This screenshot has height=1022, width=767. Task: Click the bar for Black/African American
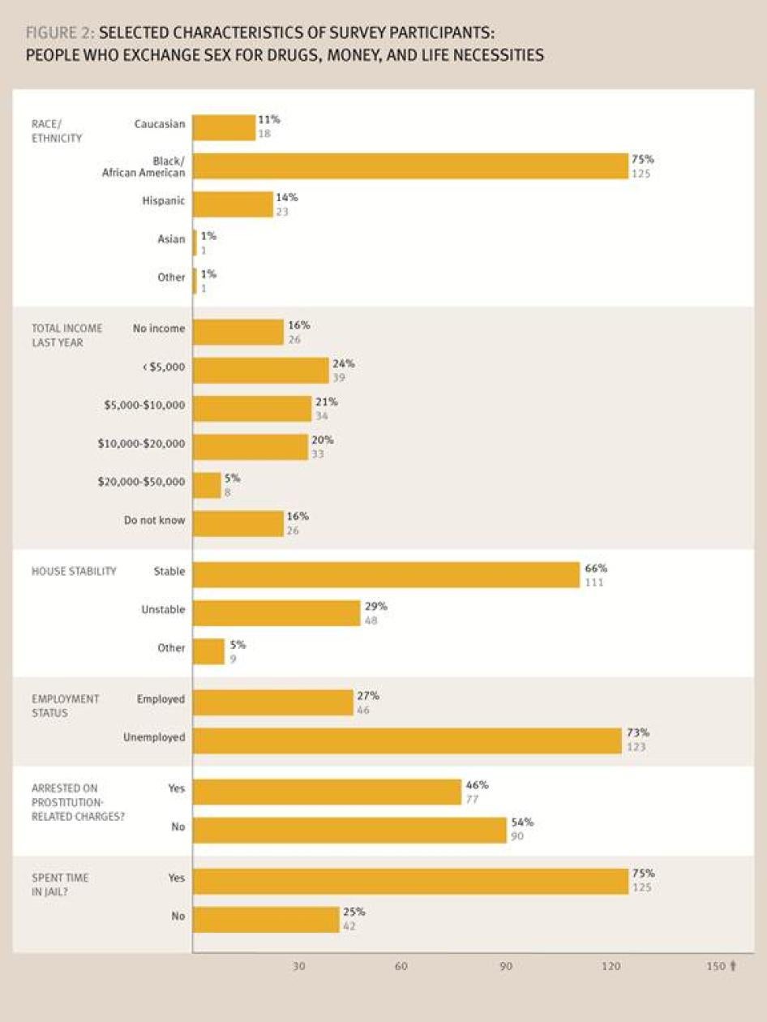pos(410,166)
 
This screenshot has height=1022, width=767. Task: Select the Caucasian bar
pos(224,127)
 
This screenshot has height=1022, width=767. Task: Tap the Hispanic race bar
pos(233,204)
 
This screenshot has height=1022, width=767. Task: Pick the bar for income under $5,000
pos(260,371)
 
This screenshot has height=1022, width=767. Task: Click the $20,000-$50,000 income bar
pos(207,485)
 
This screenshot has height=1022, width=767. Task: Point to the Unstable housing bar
pos(276,613)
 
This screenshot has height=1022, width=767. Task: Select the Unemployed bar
pos(407,741)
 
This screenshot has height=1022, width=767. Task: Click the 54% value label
pos(522,822)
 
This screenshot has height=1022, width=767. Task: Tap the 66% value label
pos(596,569)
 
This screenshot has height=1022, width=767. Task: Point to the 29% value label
pos(376,606)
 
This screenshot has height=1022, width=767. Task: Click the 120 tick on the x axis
pos(611,966)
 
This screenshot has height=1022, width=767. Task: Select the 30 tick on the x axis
pos(299,966)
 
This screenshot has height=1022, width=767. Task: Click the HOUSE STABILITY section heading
pos(74,571)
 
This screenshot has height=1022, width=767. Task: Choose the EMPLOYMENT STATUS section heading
pos(66,706)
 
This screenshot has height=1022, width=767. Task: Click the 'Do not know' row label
pos(154,520)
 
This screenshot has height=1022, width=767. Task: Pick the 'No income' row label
pos(159,328)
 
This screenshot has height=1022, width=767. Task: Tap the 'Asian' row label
pos(171,239)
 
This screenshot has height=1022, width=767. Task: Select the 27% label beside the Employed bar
pos(368,696)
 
